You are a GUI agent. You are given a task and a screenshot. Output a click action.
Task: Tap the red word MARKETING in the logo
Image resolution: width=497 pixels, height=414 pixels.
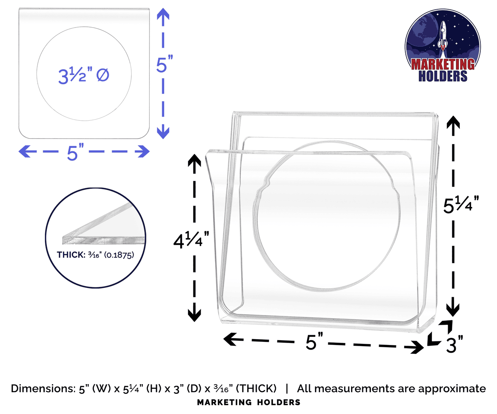(443, 64)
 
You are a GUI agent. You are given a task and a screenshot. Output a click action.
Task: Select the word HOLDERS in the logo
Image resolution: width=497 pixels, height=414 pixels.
(443, 76)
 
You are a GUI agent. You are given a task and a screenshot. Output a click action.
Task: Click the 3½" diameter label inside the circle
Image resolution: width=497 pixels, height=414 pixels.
(84, 76)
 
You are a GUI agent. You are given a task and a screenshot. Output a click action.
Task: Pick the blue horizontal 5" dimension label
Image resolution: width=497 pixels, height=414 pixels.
(75, 152)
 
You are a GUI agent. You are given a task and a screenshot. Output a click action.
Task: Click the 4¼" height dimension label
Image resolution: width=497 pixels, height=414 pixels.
(191, 240)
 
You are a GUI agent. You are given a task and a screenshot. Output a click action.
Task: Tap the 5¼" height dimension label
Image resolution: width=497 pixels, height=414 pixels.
(461, 204)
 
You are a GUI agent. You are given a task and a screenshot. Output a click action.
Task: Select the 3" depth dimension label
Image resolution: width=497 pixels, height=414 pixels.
(455, 345)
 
